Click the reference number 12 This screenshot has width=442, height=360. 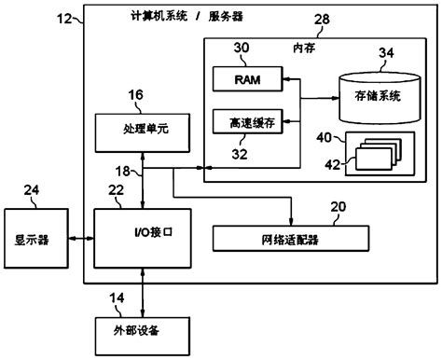[x=67, y=16]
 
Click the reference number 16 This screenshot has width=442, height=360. [x=134, y=94]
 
